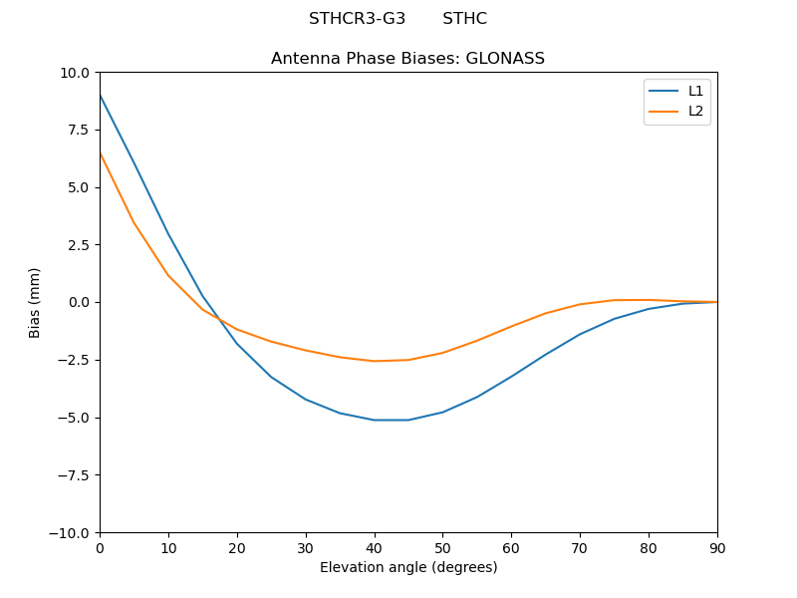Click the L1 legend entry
click(695, 91)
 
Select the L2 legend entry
click(695, 111)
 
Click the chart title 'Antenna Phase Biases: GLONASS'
click(407, 59)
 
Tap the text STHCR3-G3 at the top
click(357, 19)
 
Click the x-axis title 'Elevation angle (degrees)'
click(407, 568)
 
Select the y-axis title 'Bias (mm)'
click(35, 302)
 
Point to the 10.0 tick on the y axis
click(75, 73)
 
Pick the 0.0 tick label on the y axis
click(79, 302)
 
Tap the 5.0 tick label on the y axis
click(79, 187)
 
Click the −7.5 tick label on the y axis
click(74, 475)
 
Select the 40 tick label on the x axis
click(374, 548)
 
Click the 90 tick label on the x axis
click(717, 548)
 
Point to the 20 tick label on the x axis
click(237, 548)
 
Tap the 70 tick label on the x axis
click(580, 548)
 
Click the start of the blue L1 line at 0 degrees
click(100, 95)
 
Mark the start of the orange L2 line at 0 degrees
click(100, 152)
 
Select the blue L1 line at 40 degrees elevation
click(374, 420)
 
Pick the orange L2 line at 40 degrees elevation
click(374, 361)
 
